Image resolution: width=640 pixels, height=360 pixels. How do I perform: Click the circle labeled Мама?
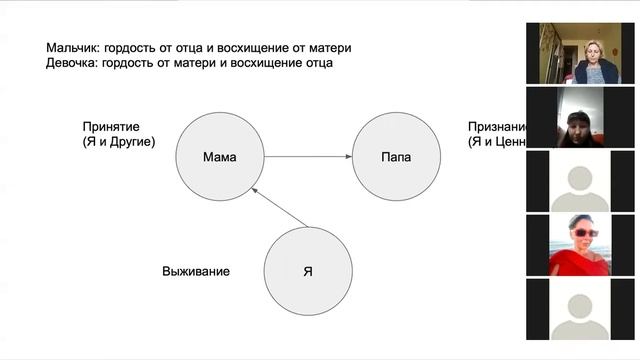tap(219, 157)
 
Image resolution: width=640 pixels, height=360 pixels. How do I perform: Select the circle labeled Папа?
tap(397, 157)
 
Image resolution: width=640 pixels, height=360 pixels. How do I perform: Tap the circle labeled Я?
tap(308, 270)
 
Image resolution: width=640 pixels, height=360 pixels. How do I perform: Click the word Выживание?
tap(197, 271)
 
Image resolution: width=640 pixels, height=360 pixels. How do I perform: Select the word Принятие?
tap(111, 128)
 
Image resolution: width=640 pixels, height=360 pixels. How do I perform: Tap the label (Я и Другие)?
tap(119, 143)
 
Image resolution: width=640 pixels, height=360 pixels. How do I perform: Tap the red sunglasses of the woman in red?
tap(584, 233)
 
